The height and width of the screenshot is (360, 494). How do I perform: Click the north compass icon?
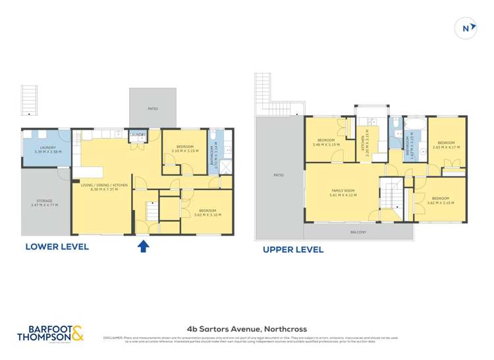click(x=466, y=28)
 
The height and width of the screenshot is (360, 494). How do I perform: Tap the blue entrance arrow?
click(x=144, y=246)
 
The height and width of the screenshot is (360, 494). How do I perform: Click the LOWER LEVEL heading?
click(x=57, y=247)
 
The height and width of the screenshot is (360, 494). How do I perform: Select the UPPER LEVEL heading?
click(x=293, y=249)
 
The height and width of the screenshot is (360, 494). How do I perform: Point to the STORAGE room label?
click(x=44, y=204)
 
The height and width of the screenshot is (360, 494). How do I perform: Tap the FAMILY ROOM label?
click(x=343, y=193)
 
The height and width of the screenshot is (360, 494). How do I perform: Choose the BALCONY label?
click(x=358, y=232)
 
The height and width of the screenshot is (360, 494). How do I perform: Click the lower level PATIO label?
click(x=152, y=109)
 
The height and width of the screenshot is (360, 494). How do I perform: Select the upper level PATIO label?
click(x=278, y=176)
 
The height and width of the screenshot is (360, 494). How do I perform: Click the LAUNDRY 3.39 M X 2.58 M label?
click(x=47, y=149)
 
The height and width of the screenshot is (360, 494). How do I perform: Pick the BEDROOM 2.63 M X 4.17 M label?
click(x=446, y=144)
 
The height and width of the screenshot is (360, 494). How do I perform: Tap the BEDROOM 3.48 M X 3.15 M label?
click(x=326, y=142)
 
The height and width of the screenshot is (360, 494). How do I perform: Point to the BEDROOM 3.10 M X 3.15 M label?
click(x=184, y=148)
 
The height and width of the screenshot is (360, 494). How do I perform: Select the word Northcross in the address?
click(x=285, y=329)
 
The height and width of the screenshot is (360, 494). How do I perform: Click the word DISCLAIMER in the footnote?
click(x=113, y=338)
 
